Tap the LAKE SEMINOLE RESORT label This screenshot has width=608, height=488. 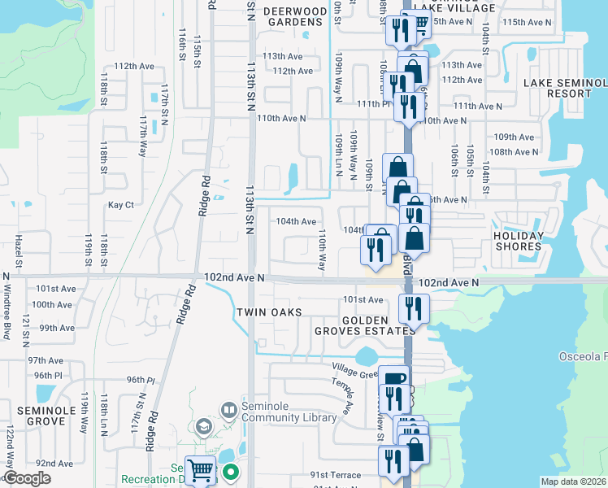point(565,88)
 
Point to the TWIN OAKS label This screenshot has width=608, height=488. point(269,312)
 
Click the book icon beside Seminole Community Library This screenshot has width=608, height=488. point(228,410)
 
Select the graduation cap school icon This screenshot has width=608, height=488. point(202,427)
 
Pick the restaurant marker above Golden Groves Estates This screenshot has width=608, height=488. point(414,308)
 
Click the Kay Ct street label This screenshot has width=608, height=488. point(120,205)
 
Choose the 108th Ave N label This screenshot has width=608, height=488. point(514,151)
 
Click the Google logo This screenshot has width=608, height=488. point(28,478)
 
